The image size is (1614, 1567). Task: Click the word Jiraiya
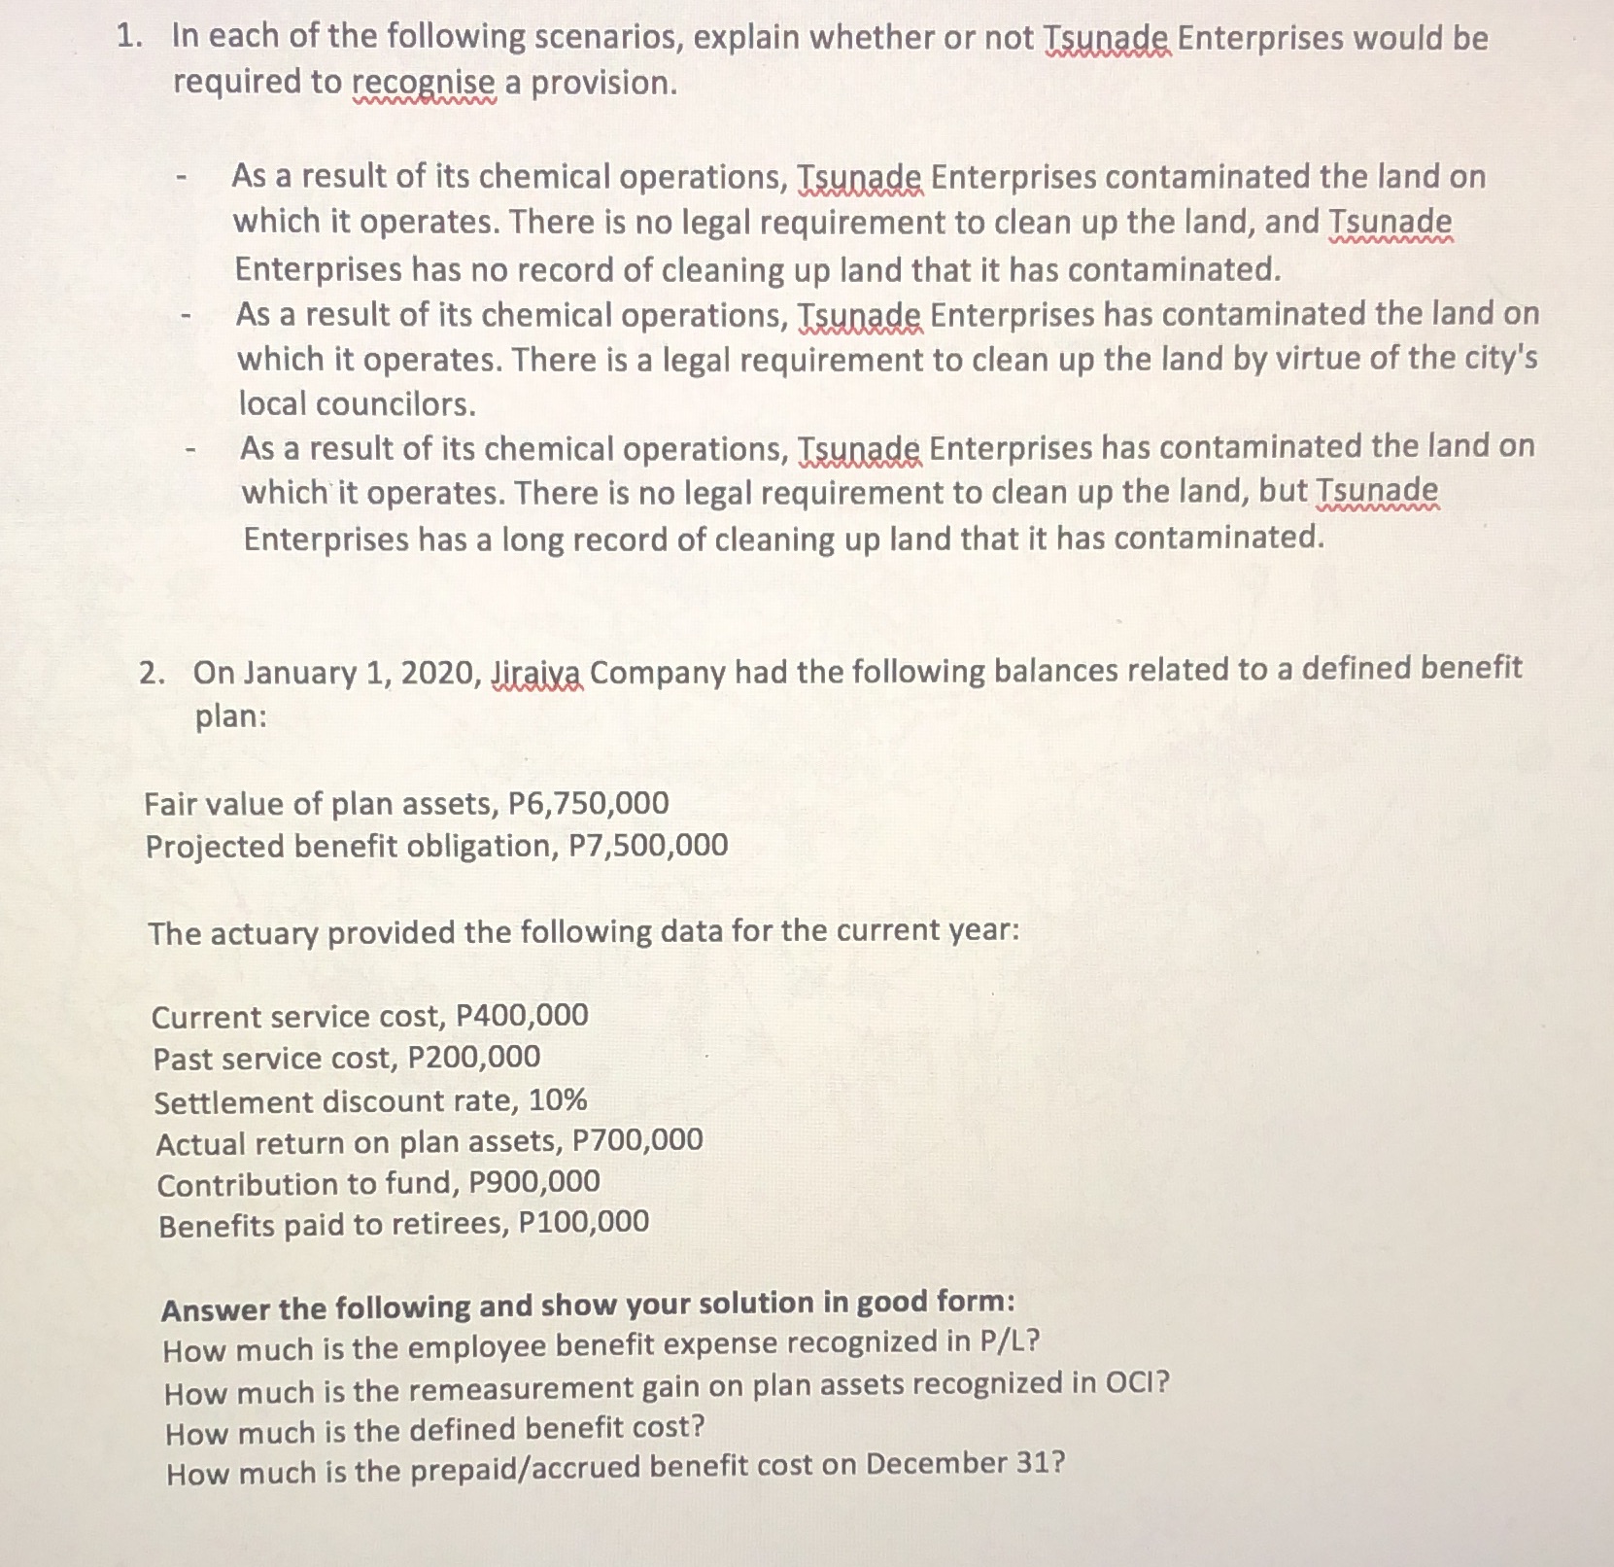(x=537, y=673)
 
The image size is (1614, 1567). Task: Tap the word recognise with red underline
(x=425, y=84)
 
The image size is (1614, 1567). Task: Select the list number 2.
(x=151, y=673)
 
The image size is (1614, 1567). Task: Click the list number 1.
(x=128, y=38)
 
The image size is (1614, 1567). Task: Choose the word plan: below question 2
(x=231, y=717)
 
